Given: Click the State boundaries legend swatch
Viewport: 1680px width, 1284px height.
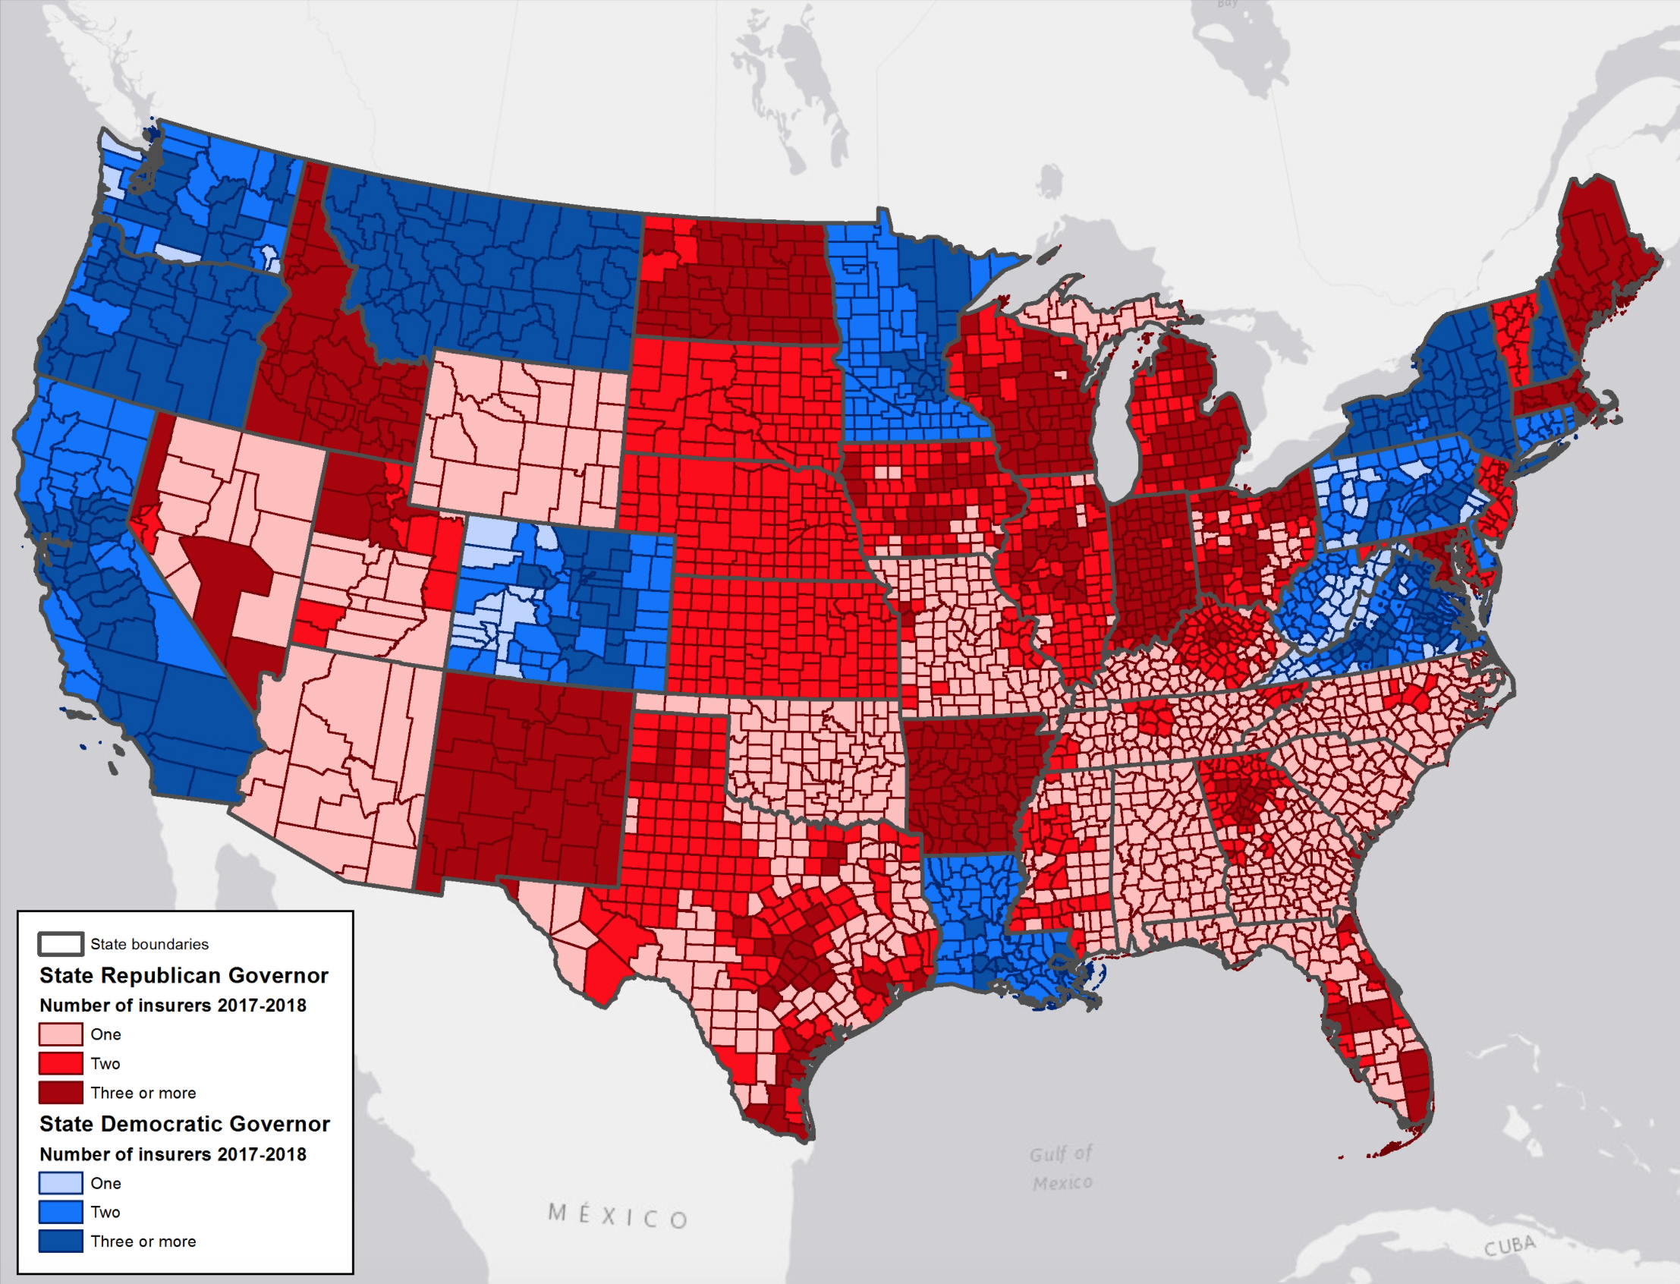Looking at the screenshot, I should tap(61, 944).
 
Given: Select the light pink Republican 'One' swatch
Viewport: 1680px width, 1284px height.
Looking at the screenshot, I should tap(61, 1034).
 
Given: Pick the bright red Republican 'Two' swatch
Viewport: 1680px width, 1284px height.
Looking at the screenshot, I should tap(61, 1063).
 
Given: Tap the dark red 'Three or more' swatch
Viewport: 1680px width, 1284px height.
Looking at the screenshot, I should tap(61, 1092).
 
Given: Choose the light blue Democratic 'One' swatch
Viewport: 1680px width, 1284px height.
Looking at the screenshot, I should tap(61, 1183).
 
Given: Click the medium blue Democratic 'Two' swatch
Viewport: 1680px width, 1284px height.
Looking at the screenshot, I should tap(61, 1212).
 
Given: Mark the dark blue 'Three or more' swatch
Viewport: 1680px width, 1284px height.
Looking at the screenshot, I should tap(61, 1242).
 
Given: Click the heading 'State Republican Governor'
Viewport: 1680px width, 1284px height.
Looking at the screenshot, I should tap(184, 975).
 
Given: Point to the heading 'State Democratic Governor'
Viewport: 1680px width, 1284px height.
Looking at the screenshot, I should tap(184, 1123).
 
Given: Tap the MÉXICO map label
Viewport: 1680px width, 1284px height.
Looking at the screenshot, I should tap(618, 1216).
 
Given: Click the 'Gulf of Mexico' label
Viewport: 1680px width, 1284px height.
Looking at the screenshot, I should tap(1062, 1168).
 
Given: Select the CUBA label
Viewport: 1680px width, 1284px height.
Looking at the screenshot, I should tap(1509, 1247).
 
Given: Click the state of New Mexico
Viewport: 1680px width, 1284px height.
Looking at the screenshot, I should tap(527, 779).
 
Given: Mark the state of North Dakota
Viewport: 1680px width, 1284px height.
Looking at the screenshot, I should tap(734, 279).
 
